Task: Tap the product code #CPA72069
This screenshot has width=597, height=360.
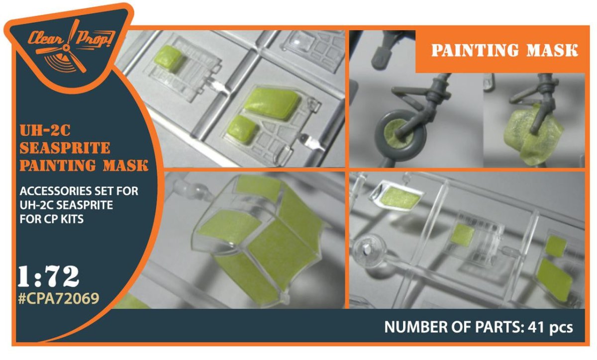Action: tap(59, 298)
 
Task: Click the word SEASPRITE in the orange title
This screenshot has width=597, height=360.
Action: tap(65, 148)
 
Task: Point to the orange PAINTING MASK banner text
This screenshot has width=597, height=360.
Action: tap(504, 50)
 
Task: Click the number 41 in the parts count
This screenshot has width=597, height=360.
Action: tap(537, 327)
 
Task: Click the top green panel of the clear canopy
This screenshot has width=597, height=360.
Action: tap(257, 185)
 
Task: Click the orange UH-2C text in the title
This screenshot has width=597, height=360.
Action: tap(45, 131)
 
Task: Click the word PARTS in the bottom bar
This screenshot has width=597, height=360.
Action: tap(496, 327)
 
